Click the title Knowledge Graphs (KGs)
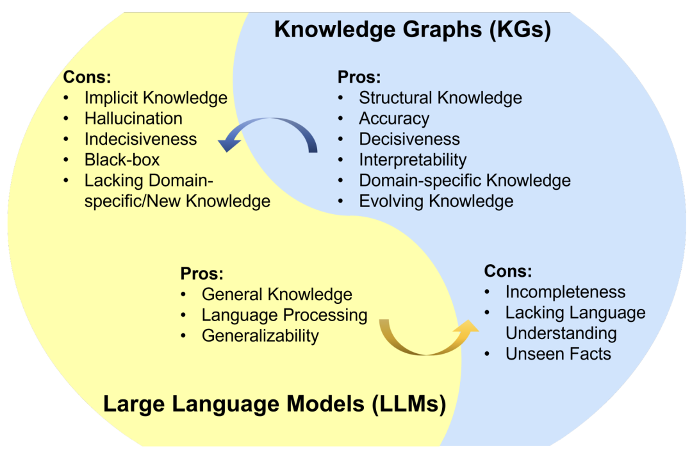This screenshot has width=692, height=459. point(412,30)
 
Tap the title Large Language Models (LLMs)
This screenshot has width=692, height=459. point(274,405)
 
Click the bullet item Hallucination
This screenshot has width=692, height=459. point(133,119)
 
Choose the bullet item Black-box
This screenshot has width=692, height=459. point(122,160)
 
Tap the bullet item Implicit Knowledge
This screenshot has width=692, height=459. point(156,98)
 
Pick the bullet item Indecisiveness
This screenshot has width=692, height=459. point(140,139)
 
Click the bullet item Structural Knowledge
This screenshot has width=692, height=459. point(440,98)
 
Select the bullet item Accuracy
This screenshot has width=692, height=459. point(393,119)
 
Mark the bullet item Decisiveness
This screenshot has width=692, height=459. point(409,139)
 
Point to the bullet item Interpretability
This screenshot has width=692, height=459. point(412,160)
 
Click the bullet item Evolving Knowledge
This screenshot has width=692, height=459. point(436,201)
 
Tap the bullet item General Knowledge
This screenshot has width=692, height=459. point(277,294)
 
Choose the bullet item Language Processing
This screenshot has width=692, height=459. point(284,315)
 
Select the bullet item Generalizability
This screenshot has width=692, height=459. point(260,335)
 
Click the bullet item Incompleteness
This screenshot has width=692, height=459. point(565,292)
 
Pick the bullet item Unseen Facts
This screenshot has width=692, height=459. point(558,353)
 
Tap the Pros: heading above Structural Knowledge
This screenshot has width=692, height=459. point(359,78)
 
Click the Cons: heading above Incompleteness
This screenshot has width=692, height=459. point(507,271)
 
